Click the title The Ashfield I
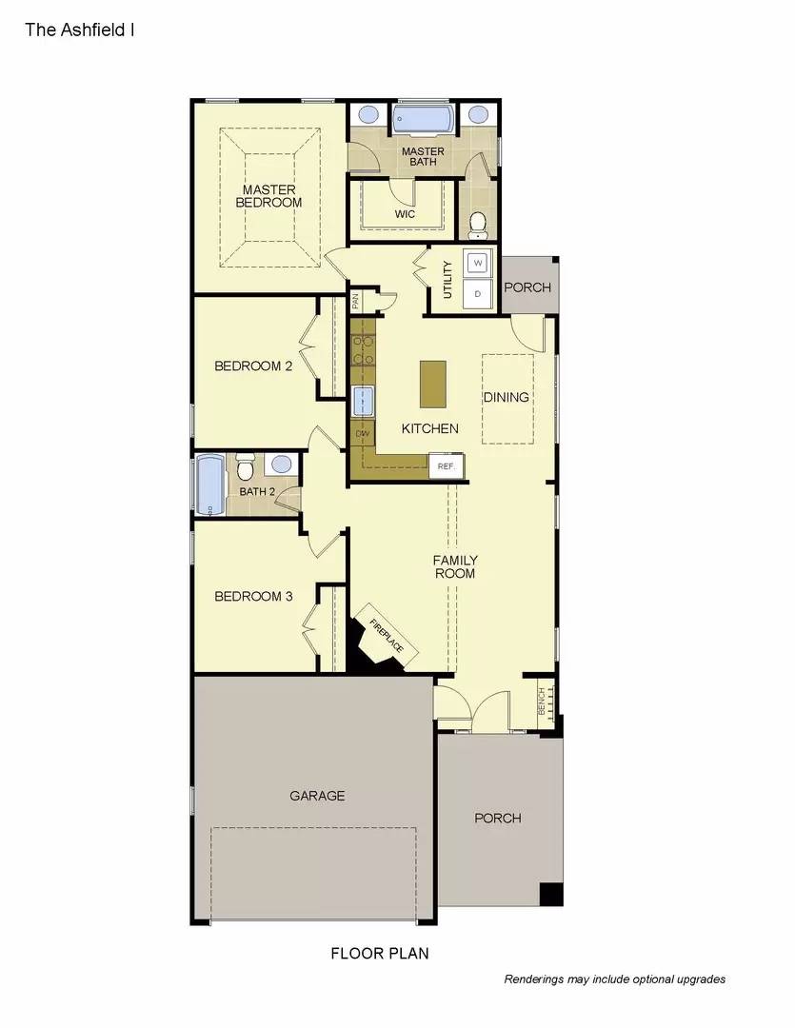point(79,30)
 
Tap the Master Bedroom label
point(268,196)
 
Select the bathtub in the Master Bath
point(424,121)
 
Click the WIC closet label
point(405,214)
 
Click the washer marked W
point(478,262)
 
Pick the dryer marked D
point(478,294)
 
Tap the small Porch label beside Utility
point(527,287)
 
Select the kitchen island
point(433,384)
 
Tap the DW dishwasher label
point(362,434)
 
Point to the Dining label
point(507,397)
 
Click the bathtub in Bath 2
point(209,485)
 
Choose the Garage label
point(317,796)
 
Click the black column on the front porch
point(551,894)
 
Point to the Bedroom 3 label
point(253,597)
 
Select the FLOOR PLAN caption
point(380,953)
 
